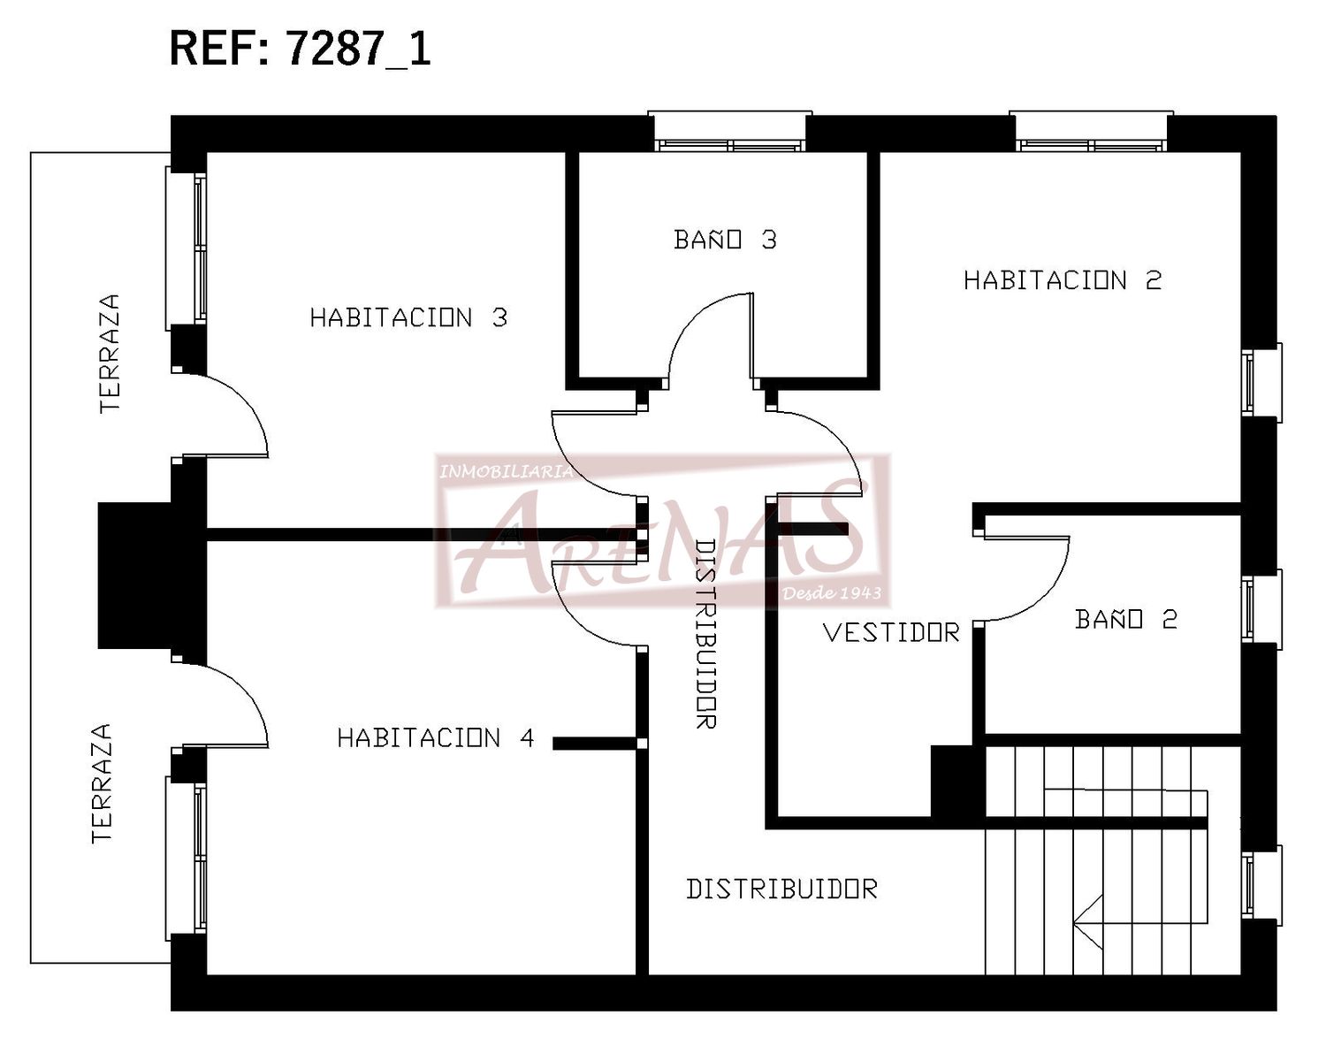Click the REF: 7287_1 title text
300,50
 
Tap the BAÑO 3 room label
725,240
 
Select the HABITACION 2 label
1063,280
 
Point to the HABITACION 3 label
408,317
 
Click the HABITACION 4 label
436,737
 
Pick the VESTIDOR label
892,632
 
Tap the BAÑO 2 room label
1126,618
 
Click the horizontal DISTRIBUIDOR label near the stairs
782,889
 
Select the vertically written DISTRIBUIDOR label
705,634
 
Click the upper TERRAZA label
110,354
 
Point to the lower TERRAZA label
102,783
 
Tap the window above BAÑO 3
729,132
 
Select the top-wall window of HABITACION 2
1091,132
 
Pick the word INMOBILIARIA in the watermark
506,472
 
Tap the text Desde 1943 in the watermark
831,593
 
